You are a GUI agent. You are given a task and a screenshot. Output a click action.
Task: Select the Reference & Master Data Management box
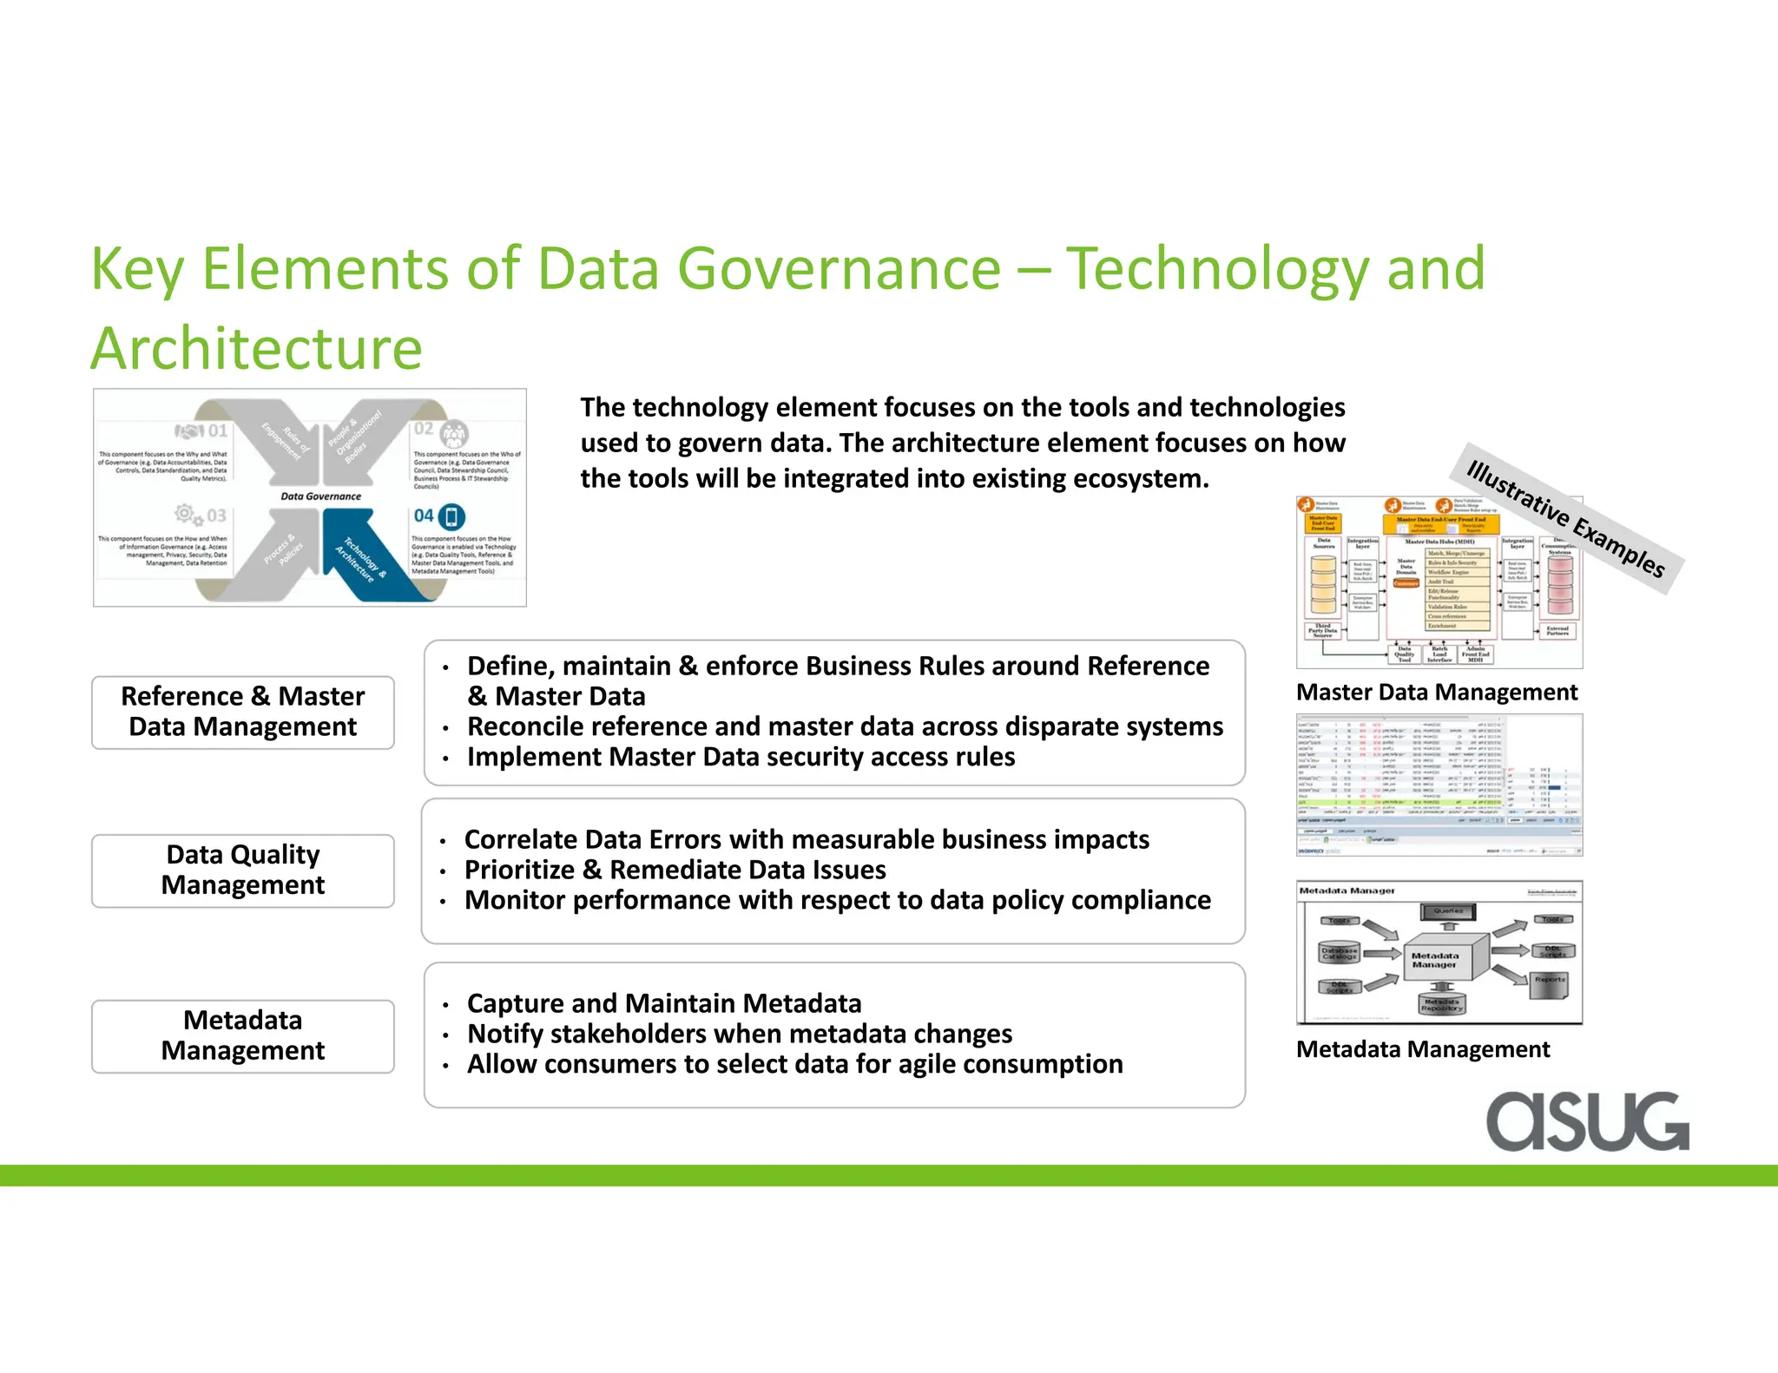pyautogui.click(x=242, y=712)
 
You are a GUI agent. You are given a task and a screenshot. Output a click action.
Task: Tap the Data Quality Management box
pyautogui.click(x=242, y=870)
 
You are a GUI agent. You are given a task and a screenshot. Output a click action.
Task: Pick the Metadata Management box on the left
pyautogui.click(x=242, y=1035)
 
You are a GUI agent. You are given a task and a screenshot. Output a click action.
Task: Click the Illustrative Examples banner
pyautogui.click(x=1565, y=519)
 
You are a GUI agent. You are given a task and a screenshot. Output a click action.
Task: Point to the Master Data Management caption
pyautogui.click(x=1436, y=692)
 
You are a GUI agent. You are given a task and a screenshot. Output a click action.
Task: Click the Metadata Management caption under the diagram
pyautogui.click(x=1422, y=1049)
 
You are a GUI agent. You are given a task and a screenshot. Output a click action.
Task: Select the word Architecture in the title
pyautogui.click(x=256, y=348)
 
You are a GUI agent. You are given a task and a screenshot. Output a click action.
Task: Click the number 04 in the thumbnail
pyautogui.click(x=424, y=516)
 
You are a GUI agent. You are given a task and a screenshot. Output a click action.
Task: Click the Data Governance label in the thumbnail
pyautogui.click(x=320, y=496)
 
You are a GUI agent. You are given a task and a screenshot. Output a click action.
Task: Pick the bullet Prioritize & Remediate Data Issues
pyautogui.click(x=675, y=870)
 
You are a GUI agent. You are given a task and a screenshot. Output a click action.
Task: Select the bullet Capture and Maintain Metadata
pyautogui.click(x=663, y=1003)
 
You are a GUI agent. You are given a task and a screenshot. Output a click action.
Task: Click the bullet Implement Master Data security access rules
pyautogui.click(x=741, y=757)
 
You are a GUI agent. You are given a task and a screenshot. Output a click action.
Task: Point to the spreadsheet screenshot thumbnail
pyautogui.click(x=1439, y=784)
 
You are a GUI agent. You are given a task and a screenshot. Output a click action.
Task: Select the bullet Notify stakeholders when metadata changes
pyautogui.click(x=739, y=1034)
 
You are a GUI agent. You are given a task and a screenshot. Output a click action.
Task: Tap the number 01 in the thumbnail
pyautogui.click(x=217, y=430)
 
